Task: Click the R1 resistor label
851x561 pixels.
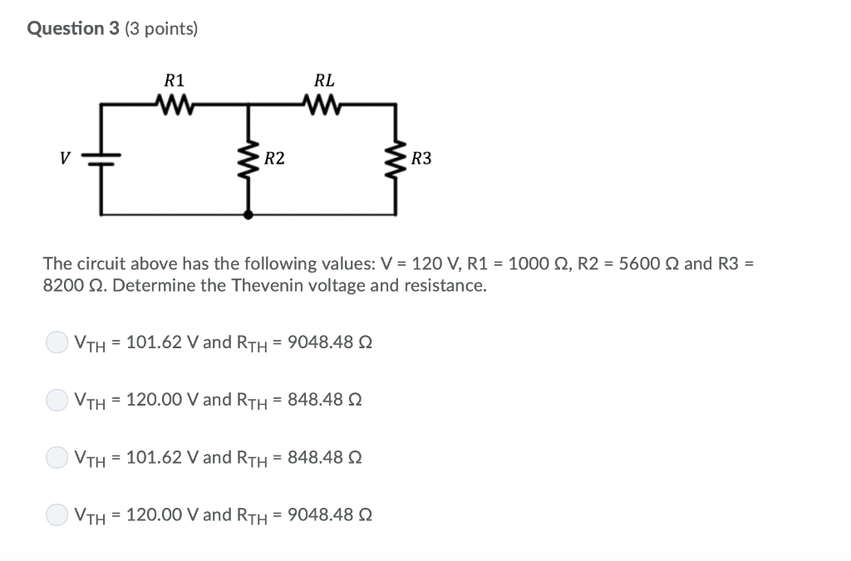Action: tap(175, 81)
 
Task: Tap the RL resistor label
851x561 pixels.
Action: tap(324, 81)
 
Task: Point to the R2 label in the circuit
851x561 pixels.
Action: tap(275, 158)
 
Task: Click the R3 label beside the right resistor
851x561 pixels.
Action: tap(421, 158)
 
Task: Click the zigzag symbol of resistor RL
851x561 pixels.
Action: tap(324, 104)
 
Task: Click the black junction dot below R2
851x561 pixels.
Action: tap(248, 214)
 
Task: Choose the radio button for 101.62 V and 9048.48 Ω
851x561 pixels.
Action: tap(57, 342)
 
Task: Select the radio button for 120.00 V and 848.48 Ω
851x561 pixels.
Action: tap(57, 400)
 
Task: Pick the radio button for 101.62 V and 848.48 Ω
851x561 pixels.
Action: tap(57, 457)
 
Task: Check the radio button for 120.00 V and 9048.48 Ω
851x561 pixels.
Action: tap(57, 514)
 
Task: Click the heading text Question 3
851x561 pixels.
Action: tap(73, 29)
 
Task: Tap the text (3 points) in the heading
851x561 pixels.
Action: tap(161, 29)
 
